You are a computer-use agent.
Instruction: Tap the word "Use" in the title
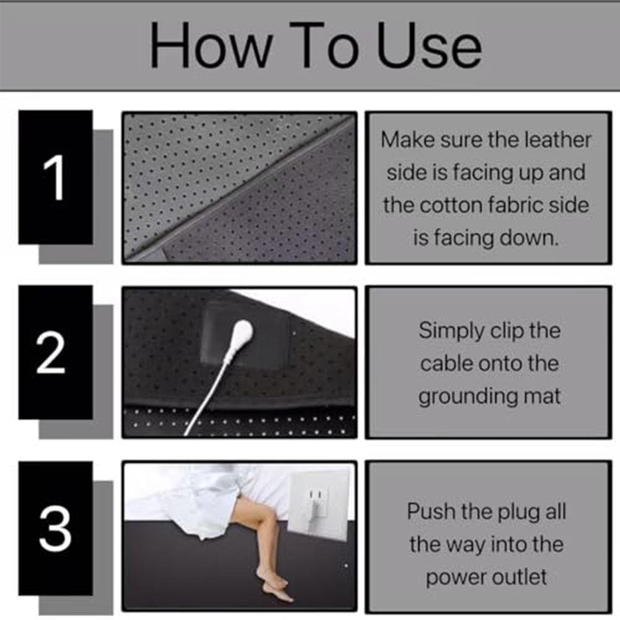pos(428,47)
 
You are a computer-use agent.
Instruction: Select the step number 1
pos(55,178)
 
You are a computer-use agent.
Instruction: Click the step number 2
pos(51,353)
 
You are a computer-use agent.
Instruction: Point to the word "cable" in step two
pos(446,364)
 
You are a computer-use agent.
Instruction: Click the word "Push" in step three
pos(428,512)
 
